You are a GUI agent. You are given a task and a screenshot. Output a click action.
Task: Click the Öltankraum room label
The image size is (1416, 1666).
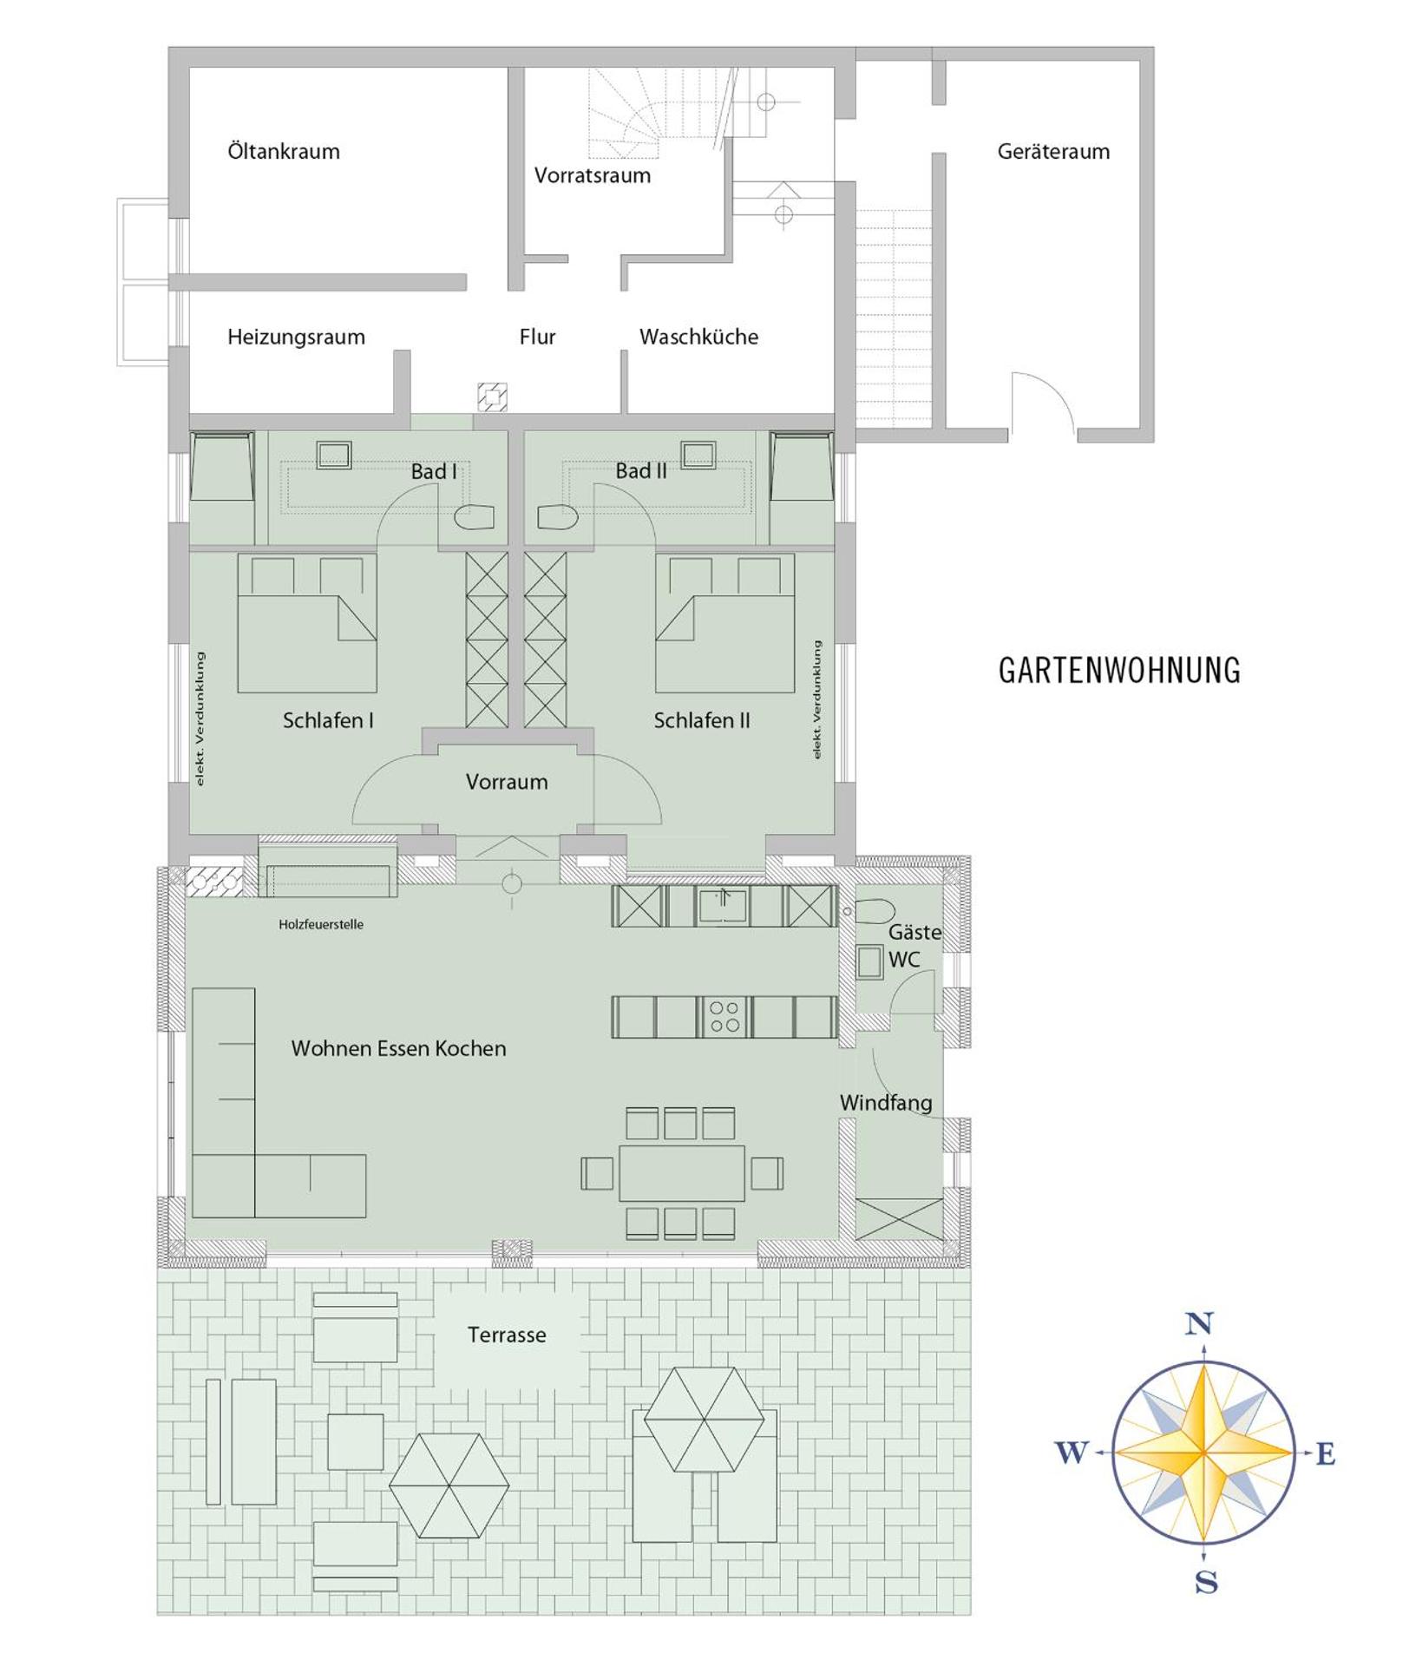283,152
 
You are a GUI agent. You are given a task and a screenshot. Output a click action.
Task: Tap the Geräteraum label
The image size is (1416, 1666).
1052,152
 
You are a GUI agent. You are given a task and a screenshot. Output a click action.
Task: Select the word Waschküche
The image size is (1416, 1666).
698,337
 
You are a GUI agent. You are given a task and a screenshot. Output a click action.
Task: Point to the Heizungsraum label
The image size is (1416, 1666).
296,337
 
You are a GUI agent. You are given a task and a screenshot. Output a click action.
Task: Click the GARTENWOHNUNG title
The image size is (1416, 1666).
1118,671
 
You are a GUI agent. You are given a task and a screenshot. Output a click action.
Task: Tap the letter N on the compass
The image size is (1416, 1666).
1198,1324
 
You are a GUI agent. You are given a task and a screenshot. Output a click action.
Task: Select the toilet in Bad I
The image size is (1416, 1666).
474,517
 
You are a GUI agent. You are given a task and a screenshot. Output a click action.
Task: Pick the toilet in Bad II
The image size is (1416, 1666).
557,517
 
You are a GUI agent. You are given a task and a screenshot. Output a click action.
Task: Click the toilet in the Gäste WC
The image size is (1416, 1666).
875,911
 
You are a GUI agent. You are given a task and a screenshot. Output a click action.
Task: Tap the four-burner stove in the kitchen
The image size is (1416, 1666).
724,1017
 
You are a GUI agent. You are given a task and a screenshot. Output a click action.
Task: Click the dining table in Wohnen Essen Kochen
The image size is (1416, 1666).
681,1173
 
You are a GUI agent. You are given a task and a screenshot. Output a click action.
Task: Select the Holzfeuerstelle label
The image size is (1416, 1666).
321,925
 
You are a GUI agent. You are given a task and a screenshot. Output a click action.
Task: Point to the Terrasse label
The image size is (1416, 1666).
507,1335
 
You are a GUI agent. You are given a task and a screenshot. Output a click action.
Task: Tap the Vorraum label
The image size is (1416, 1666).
507,782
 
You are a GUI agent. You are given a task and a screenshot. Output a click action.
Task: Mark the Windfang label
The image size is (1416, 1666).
886,1103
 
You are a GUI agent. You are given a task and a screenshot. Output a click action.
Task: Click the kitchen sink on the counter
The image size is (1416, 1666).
722,906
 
